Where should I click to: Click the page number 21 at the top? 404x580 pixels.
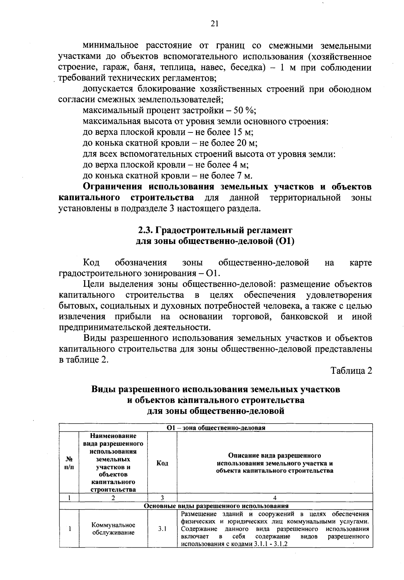[x=214, y=23]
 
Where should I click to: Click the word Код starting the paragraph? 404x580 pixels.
[x=91, y=263]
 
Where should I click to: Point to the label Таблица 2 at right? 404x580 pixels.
[x=351, y=371]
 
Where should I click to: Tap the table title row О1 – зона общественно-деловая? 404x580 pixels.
[x=216, y=428]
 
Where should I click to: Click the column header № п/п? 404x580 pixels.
[x=69, y=463]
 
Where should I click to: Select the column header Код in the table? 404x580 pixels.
[x=162, y=463]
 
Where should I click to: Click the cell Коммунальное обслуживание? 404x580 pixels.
[x=113, y=529]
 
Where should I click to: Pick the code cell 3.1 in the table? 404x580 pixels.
[x=162, y=529]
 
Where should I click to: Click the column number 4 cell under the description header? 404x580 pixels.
[x=274, y=497]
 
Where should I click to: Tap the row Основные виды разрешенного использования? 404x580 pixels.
[x=216, y=506]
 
